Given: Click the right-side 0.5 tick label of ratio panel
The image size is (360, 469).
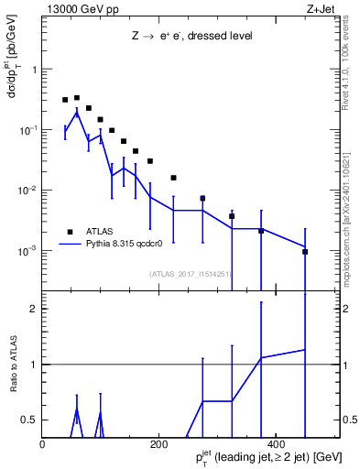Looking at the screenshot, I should (349, 420).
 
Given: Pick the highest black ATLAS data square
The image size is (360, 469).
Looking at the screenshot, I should (77, 97).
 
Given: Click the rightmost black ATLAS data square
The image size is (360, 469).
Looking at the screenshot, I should (305, 251).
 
